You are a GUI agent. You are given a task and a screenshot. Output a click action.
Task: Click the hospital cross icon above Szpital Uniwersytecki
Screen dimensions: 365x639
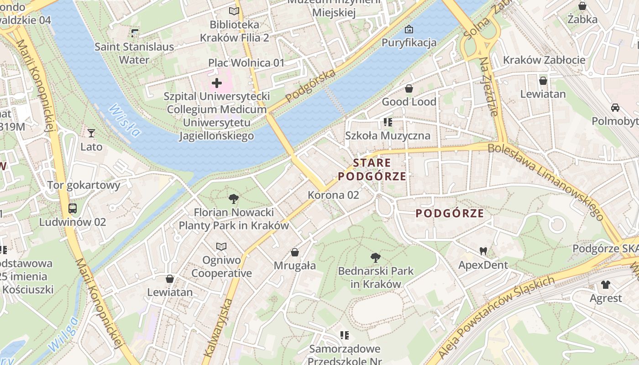217,83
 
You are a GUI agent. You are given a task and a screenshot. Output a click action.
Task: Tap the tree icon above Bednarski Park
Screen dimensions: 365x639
375,258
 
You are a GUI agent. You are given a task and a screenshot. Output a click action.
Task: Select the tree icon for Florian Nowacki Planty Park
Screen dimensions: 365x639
234,199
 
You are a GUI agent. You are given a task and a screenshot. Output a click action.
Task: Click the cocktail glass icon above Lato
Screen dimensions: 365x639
91,133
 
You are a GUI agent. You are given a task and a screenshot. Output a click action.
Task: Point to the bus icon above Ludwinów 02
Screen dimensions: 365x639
73,209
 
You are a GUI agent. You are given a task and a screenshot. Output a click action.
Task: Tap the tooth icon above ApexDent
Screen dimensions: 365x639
483,251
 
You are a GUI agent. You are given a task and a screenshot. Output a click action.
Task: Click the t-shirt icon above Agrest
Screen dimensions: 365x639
606,285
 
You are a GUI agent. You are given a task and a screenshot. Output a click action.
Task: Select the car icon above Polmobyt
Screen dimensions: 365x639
615,108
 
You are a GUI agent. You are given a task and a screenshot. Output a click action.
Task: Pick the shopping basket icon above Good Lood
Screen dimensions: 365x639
409,89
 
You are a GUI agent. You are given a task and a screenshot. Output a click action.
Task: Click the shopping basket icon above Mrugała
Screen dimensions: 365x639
295,252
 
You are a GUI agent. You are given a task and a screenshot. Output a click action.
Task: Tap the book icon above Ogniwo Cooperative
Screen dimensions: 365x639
221,246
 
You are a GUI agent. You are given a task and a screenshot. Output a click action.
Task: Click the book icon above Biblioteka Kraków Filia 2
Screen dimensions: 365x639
234,11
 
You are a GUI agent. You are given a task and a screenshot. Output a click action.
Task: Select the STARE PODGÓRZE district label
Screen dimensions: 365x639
372,170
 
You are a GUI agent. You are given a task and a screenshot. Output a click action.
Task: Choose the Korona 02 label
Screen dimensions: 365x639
333,195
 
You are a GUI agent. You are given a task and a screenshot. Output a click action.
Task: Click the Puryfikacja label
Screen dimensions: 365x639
409,43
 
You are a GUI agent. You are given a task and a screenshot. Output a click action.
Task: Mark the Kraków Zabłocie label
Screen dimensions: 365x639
544,60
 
